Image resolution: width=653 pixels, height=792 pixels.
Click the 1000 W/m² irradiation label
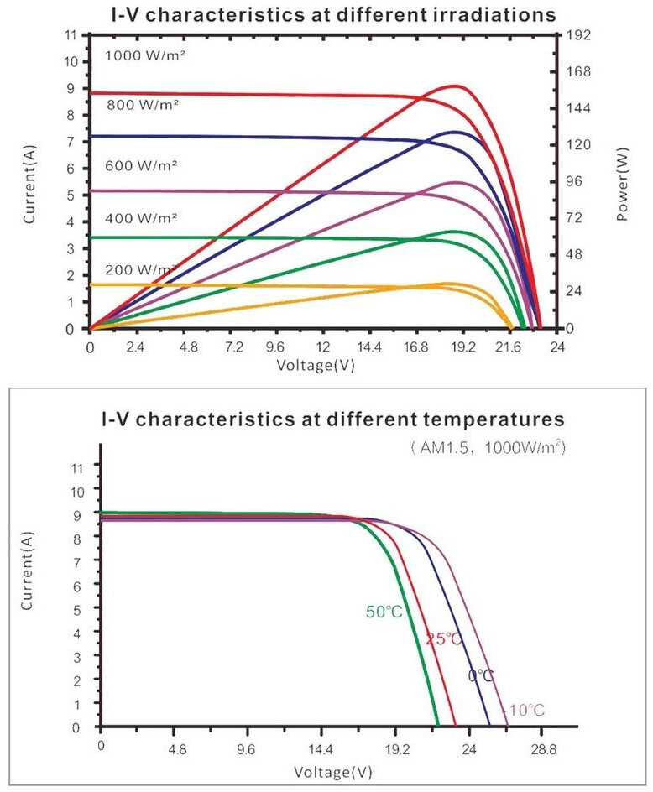[x=144, y=55]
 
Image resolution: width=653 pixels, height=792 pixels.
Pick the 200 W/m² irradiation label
[x=141, y=269]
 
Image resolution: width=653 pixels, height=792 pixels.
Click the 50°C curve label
[x=384, y=612]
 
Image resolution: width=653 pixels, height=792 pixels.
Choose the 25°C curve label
[x=443, y=639]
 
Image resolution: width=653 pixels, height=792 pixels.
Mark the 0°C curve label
[x=481, y=675]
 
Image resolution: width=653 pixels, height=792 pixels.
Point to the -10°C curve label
[x=524, y=711]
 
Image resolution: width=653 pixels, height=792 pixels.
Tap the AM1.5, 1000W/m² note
[x=488, y=448]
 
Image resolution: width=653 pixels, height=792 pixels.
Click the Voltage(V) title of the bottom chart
[x=333, y=770]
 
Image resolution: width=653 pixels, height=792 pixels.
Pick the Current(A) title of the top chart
[x=29, y=182]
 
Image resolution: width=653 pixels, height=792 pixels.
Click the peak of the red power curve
[x=456, y=86]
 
